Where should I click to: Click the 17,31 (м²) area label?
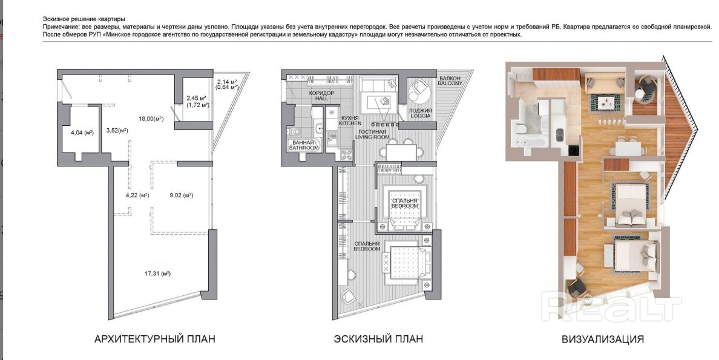158,274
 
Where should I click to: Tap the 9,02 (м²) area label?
181,195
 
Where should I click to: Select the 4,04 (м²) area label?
82,133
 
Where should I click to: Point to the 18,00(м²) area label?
151,119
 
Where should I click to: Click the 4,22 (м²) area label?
137,195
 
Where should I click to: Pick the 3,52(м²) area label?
117,131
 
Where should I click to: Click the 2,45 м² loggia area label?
196,98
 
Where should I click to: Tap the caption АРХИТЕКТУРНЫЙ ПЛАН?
154,339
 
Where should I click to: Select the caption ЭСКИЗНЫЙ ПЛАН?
378,339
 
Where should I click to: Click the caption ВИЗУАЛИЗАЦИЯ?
603,339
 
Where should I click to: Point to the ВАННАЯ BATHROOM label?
304,145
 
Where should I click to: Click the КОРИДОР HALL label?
322,96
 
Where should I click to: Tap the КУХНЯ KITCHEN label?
350,120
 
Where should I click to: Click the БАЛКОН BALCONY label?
450,80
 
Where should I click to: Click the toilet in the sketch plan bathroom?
295,133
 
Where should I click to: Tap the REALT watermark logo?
611,308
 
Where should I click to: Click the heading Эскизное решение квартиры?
84,19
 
